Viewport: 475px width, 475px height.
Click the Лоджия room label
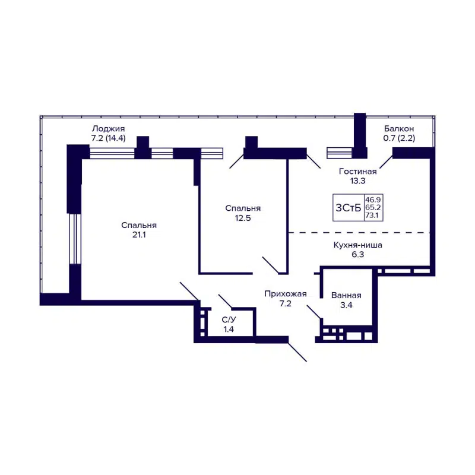point(107,128)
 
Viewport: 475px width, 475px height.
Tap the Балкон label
point(398,128)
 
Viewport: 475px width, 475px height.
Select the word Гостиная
point(357,171)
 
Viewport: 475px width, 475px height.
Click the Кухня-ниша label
point(357,244)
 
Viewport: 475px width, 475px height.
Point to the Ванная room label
point(346,295)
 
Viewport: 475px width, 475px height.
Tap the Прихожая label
point(286,293)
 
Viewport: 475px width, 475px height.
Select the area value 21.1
point(138,235)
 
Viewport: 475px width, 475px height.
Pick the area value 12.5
point(243,218)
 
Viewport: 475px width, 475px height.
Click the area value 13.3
point(357,181)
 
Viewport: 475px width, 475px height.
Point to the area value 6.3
point(357,254)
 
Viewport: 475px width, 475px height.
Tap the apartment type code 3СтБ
point(348,208)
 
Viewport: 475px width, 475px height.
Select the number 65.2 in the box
point(373,208)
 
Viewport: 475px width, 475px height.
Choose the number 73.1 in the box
point(373,216)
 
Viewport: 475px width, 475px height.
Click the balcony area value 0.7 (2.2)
point(398,138)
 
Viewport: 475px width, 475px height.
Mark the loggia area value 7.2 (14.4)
point(107,138)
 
